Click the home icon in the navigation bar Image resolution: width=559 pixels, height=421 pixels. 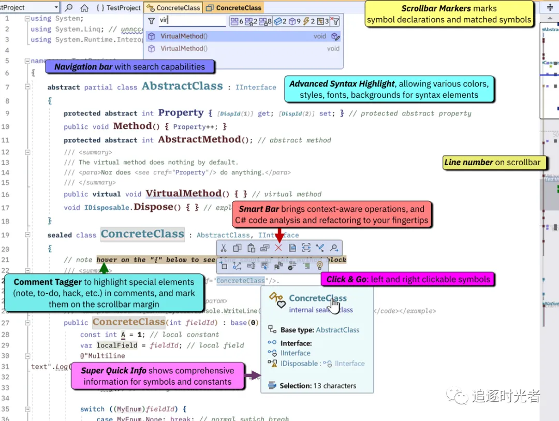coord(84,8)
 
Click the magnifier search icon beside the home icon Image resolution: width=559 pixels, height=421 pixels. coord(69,8)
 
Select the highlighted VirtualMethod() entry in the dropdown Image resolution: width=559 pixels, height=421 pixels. coord(184,36)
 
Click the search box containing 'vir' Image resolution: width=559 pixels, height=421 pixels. coord(192,21)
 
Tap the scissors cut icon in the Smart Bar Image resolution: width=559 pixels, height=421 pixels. coord(224,248)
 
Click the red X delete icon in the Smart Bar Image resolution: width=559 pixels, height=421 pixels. coord(278,248)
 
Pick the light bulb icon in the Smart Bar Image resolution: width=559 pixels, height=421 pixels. coord(319,266)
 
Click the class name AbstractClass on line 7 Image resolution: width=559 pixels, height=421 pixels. coord(182,86)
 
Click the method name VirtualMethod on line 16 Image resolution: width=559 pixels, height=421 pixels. coord(184,194)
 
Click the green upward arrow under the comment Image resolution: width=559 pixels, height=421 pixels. coord(104,268)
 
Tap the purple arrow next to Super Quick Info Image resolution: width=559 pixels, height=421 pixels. coord(253,375)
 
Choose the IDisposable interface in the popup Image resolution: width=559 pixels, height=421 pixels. coord(299,364)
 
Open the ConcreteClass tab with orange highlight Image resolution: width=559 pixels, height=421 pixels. coord(233,8)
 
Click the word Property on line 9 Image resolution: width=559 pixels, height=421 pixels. coord(181,113)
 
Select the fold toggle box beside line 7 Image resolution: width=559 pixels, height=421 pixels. coord(27,87)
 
